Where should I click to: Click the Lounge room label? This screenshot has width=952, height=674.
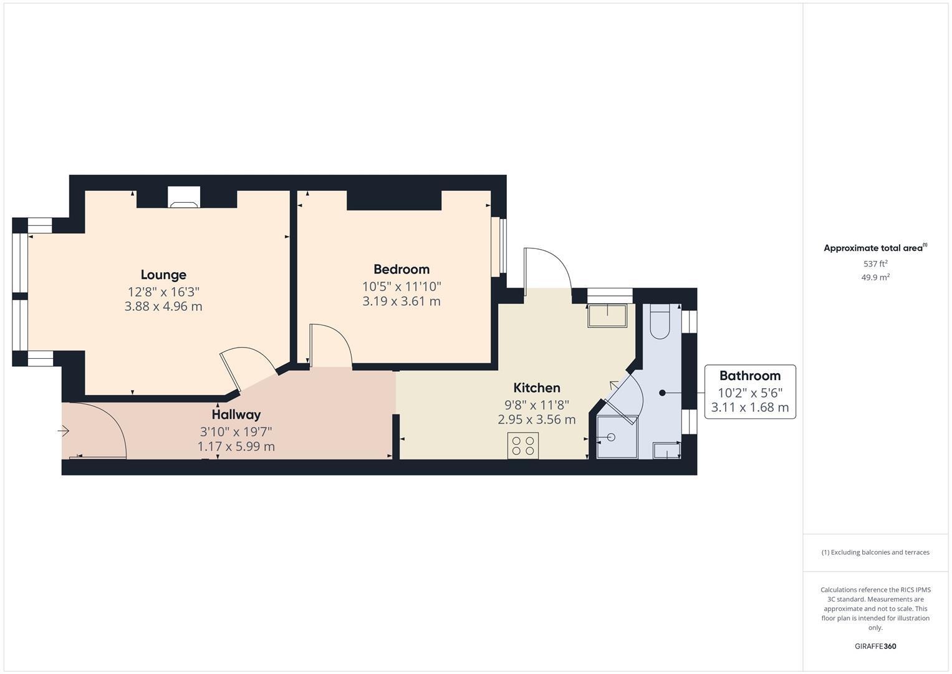(163, 275)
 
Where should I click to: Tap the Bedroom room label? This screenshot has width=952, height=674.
(401, 269)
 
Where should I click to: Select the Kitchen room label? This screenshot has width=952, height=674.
(536, 388)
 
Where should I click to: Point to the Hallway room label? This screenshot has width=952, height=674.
(236, 414)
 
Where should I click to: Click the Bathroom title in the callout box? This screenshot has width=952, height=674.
(749, 376)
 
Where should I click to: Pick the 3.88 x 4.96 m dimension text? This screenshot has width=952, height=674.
(163, 306)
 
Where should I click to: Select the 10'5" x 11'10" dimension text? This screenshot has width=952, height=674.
(401, 286)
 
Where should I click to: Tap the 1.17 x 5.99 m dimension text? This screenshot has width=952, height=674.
(236, 446)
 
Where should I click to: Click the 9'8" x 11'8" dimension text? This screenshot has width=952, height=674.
(536, 404)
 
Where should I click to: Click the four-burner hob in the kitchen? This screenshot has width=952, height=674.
(523, 446)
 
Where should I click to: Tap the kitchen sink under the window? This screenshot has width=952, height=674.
(607, 316)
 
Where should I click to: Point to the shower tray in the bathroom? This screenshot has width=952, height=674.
(617, 437)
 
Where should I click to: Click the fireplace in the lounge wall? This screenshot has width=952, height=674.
(184, 197)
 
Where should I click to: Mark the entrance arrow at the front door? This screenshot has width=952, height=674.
(63, 431)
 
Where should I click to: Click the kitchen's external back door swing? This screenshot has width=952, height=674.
(547, 268)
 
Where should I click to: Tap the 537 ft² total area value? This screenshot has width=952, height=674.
(875, 263)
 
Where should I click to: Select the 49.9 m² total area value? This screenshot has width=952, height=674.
(875, 277)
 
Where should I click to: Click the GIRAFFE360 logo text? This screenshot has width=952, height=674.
(875, 646)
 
